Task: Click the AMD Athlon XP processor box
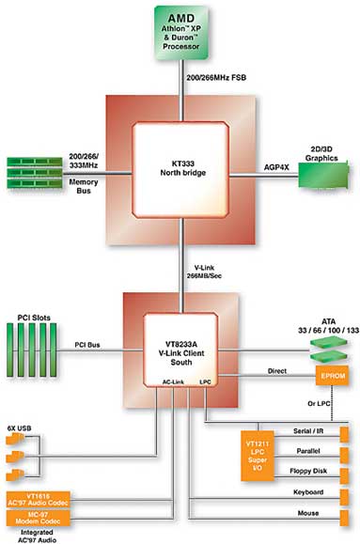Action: click(x=181, y=33)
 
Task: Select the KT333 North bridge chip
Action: click(x=180, y=170)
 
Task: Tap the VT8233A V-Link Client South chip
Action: click(x=180, y=350)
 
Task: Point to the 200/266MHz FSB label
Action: click(x=216, y=78)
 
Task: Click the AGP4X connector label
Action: click(x=276, y=167)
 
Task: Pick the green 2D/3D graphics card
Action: click(x=323, y=175)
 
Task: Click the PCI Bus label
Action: click(x=87, y=345)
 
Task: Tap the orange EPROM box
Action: click(x=332, y=376)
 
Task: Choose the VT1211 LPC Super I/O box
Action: click(x=258, y=456)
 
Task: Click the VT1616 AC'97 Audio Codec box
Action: click(x=39, y=500)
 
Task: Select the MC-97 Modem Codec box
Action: click(x=39, y=518)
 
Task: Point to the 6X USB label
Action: click(x=20, y=428)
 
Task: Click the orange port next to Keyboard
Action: click(x=344, y=497)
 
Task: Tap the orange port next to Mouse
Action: click(x=344, y=519)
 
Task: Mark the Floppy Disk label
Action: click(x=308, y=471)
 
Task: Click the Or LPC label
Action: click(x=319, y=403)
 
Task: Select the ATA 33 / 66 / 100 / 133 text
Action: click(x=328, y=326)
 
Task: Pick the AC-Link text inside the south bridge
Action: click(x=173, y=382)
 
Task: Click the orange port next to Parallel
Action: click(x=344, y=456)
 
